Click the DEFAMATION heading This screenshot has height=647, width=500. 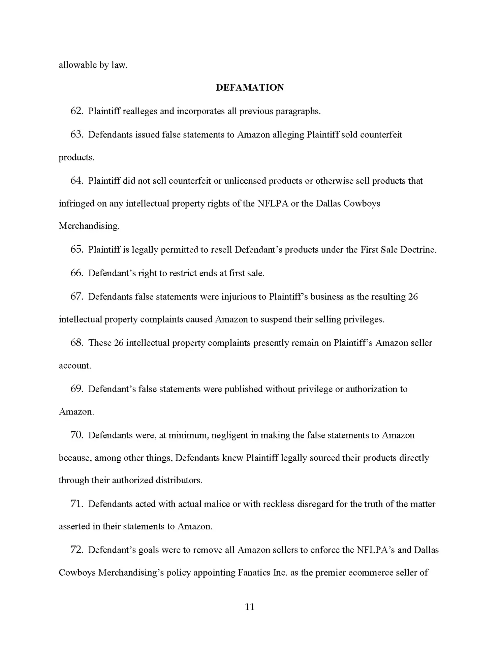click(x=250, y=88)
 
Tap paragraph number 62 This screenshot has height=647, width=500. click(x=76, y=111)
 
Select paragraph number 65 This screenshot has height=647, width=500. click(x=76, y=250)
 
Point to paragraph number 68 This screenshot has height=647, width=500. click(x=76, y=343)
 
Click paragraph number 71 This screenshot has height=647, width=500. click(x=76, y=504)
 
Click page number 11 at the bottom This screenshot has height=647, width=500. click(x=250, y=607)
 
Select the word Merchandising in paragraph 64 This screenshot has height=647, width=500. click(x=89, y=226)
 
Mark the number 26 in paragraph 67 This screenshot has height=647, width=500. click(x=413, y=297)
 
